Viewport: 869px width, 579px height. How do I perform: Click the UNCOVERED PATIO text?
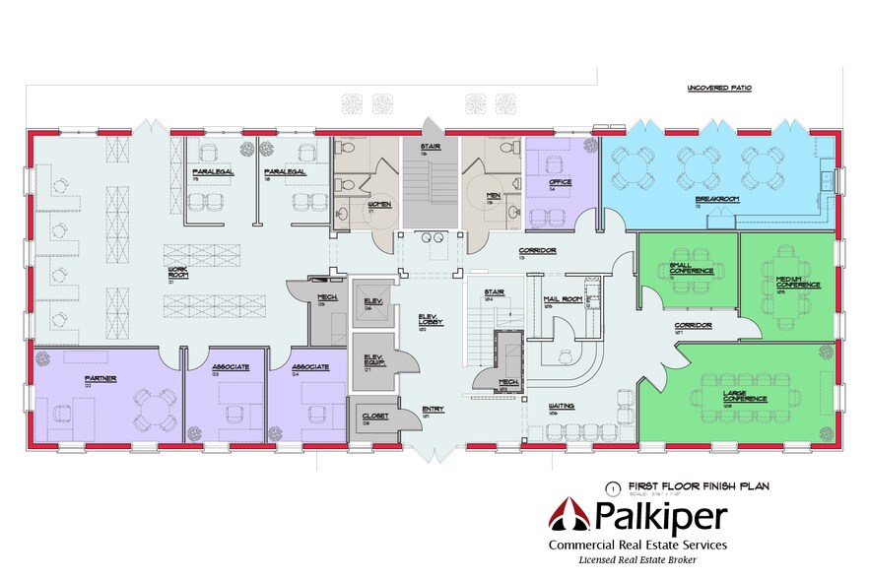pyautogui.click(x=719, y=89)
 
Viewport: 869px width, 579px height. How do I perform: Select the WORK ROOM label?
pyautogui.click(x=178, y=274)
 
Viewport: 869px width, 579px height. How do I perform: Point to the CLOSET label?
pyautogui.click(x=375, y=416)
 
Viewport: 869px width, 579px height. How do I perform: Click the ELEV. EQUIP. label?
pyautogui.click(x=373, y=360)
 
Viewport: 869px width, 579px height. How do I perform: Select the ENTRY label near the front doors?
pyautogui.click(x=433, y=411)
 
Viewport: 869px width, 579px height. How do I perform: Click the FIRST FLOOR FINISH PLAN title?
pyautogui.click(x=691, y=485)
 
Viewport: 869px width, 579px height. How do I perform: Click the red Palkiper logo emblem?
pyautogui.click(x=568, y=518)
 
